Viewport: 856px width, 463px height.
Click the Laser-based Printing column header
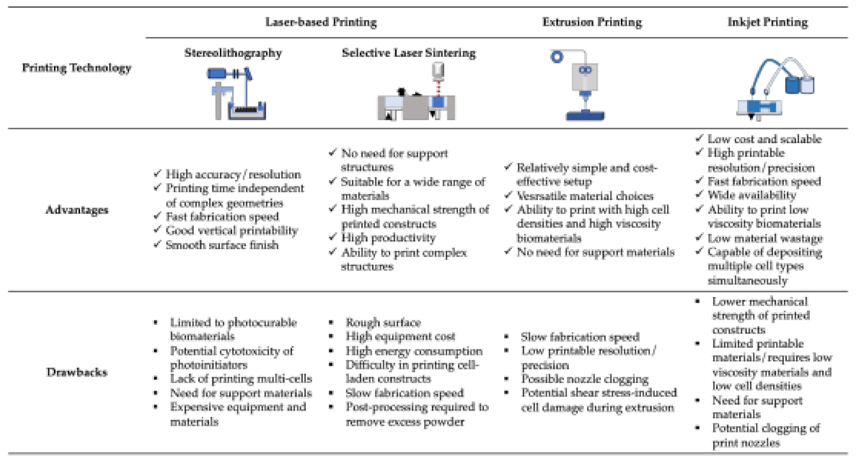pyautogui.click(x=321, y=22)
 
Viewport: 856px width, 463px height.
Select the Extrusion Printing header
pyautogui.click(x=592, y=22)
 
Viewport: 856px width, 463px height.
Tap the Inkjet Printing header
pyautogui.click(x=767, y=22)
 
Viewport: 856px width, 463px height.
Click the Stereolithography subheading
pyautogui.click(x=233, y=53)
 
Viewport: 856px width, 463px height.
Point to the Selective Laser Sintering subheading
pyautogui.click(x=408, y=53)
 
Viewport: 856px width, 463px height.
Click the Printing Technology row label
pyautogui.click(x=77, y=68)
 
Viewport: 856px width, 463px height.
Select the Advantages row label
pyautogui.click(x=77, y=210)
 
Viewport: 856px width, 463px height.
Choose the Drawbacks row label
pyautogui.click(x=77, y=372)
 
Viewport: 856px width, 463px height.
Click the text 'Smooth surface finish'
pyautogui.click(x=222, y=245)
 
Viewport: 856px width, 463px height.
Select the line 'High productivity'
pyautogui.click(x=388, y=238)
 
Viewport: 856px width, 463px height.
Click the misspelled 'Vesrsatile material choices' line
pyautogui.click(x=585, y=196)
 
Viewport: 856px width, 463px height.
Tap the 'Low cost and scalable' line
pyautogui.click(x=764, y=139)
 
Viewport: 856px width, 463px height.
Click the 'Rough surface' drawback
pyautogui.click(x=383, y=322)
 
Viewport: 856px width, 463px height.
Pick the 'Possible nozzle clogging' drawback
pyautogui.click(x=585, y=379)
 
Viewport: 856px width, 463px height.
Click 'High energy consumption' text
pyautogui.click(x=414, y=351)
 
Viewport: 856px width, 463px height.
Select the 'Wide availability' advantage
pyautogui.click(x=751, y=195)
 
